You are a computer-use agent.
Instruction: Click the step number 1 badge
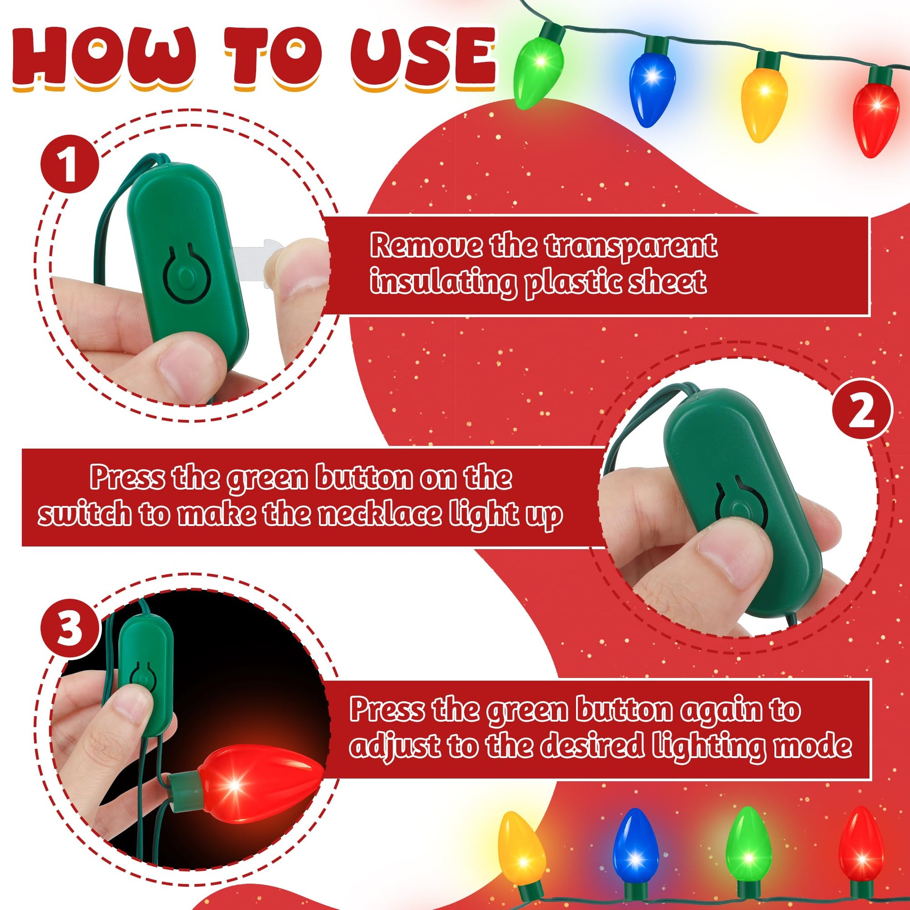pos(70,164)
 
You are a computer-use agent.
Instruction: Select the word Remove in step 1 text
pos(426,246)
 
